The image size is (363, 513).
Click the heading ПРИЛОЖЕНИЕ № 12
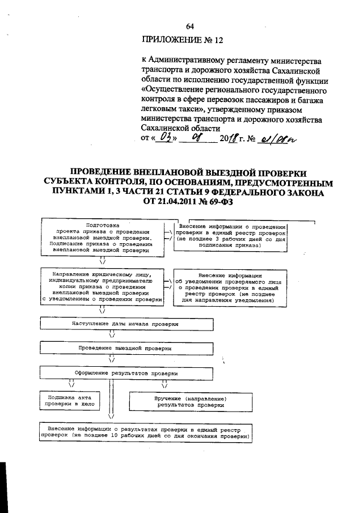point(181,40)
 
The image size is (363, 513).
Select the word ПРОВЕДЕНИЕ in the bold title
point(110,172)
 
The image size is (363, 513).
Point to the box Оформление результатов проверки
point(126,374)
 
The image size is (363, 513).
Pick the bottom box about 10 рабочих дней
point(147,434)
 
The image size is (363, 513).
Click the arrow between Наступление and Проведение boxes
point(112,335)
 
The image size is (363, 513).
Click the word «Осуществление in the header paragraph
point(170,90)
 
